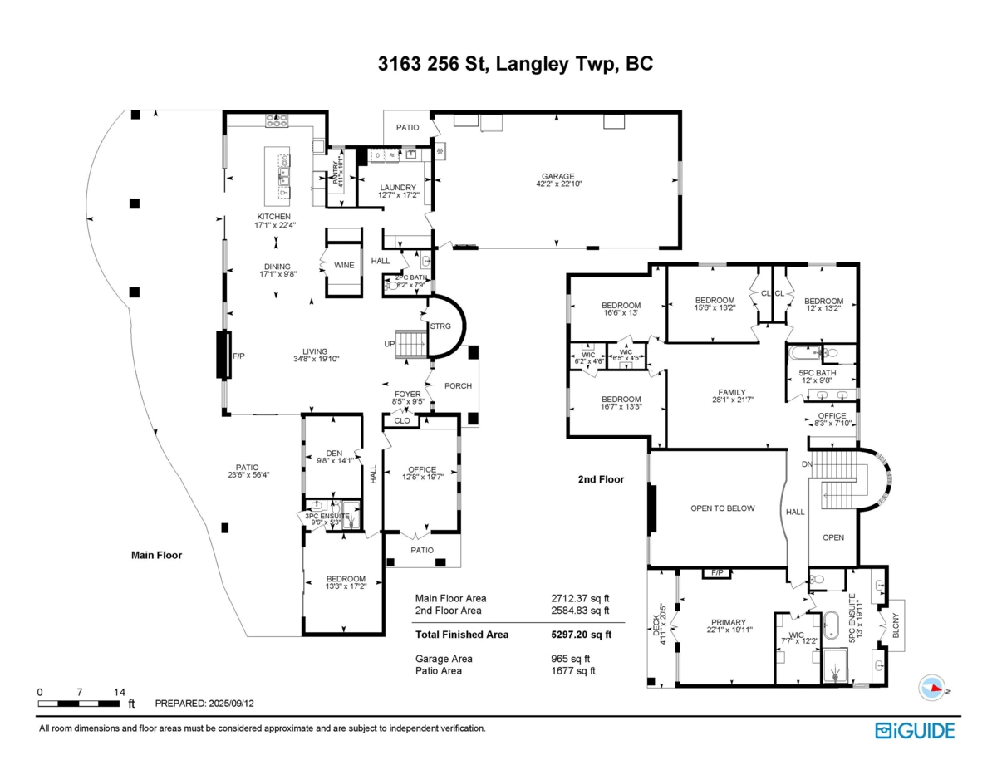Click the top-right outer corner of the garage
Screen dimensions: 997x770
[x=681, y=110]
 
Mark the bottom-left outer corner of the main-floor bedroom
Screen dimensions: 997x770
[x=302, y=635]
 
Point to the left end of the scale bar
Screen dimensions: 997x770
[x=38, y=704]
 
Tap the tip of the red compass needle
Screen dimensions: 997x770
[x=942, y=689]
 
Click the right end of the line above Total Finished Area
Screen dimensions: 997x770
[x=625, y=623]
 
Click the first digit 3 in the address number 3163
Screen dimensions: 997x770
[x=383, y=64]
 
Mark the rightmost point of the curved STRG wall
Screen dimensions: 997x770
[x=466, y=326]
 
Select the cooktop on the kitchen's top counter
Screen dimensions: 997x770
[x=277, y=120]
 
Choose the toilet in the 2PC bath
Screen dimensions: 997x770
[x=392, y=285]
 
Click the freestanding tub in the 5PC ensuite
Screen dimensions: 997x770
[x=831, y=625]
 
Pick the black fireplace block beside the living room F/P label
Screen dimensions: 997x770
[x=223, y=355]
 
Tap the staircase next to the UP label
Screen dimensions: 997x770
[x=411, y=344]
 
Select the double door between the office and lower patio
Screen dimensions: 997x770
[x=415, y=534]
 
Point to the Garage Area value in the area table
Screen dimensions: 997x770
[x=570, y=659]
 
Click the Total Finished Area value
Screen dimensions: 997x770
[x=582, y=635]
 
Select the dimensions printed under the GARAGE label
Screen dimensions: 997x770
[x=559, y=184]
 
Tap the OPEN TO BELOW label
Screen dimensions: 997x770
[x=722, y=508]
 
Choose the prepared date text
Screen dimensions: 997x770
[x=204, y=704]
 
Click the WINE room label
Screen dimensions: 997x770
[x=344, y=265]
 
